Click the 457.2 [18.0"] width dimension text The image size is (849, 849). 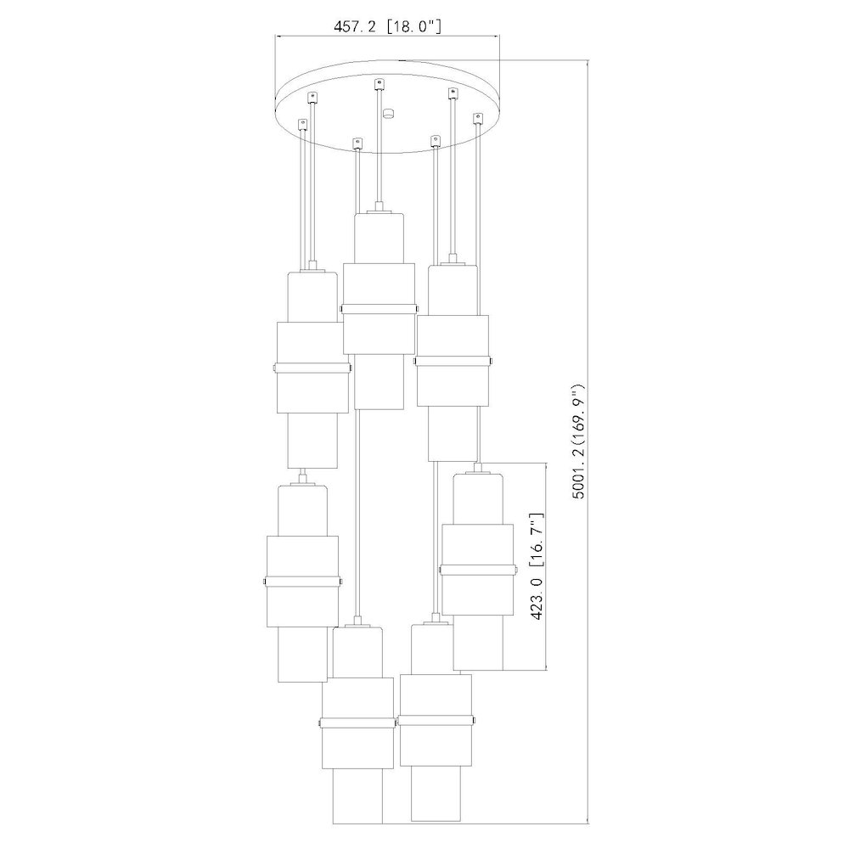387,26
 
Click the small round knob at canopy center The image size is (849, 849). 389,111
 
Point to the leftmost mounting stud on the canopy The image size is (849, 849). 302,123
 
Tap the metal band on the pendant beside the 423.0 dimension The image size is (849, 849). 476,568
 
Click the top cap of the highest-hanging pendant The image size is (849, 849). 378,209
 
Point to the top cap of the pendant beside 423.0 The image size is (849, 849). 477,469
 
